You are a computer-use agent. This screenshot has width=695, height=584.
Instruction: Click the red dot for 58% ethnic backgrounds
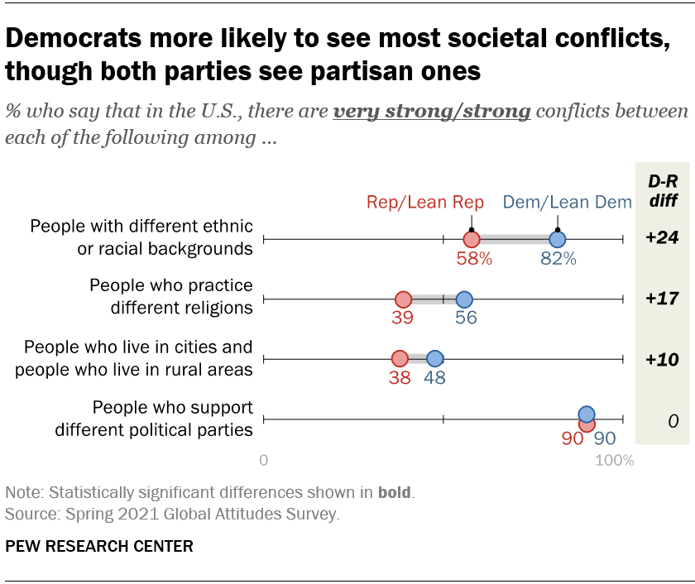pyautogui.click(x=472, y=239)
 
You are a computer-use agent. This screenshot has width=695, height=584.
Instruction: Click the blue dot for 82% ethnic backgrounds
pyautogui.click(x=558, y=239)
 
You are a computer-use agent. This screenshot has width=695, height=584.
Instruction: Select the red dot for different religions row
pyautogui.click(x=403, y=299)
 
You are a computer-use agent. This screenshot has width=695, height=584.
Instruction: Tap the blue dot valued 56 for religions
pyautogui.click(x=464, y=299)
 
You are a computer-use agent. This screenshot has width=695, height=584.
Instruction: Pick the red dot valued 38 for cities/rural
pyautogui.click(x=400, y=358)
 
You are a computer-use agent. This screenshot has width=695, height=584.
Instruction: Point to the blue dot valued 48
pyautogui.click(x=434, y=358)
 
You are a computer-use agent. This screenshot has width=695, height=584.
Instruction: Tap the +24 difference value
pyautogui.click(x=662, y=238)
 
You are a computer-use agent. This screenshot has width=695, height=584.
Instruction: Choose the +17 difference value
pyautogui.click(x=662, y=298)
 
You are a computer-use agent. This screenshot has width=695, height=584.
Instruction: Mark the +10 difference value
pyautogui.click(x=662, y=358)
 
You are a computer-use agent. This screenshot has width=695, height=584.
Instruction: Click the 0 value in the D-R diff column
pyautogui.click(x=673, y=421)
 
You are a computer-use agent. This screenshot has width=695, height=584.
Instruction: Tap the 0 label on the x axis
pyautogui.click(x=264, y=461)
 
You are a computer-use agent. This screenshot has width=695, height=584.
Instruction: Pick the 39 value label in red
pyautogui.click(x=403, y=318)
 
